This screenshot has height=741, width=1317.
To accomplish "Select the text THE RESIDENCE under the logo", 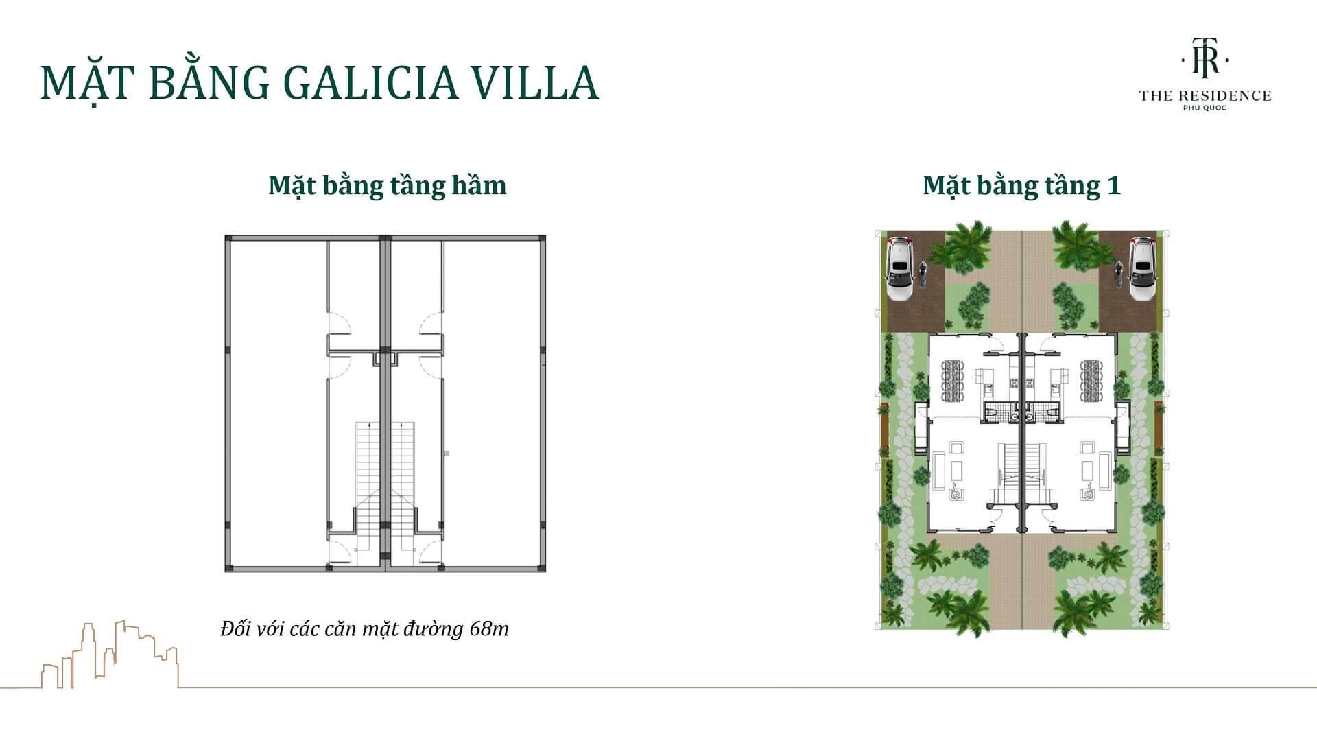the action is (1205, 96).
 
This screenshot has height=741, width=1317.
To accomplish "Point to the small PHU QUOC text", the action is (1205, 108).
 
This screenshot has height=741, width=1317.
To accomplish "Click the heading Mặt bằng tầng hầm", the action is (388, 185).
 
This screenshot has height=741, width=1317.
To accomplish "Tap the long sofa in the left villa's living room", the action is (957, 471).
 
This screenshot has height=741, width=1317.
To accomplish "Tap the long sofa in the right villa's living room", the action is (1088, 471).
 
